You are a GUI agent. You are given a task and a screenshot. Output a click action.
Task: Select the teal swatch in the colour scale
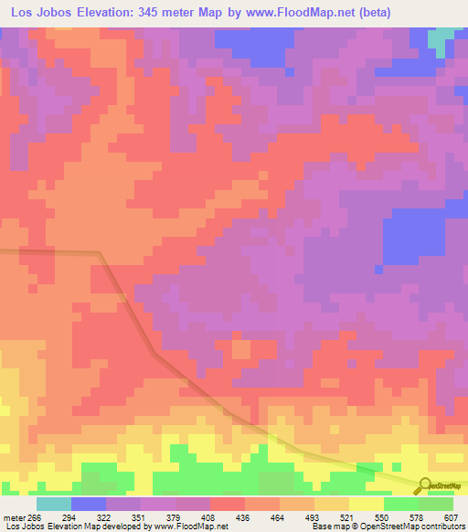point(53,503)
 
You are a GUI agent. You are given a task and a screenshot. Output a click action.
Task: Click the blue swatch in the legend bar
point(88,503)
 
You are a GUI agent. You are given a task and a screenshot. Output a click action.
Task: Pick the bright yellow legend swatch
point(366,503)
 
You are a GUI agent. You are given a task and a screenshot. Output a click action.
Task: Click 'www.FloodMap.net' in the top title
point(306,13)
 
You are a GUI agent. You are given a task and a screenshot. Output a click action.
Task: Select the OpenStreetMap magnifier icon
point(424,485)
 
